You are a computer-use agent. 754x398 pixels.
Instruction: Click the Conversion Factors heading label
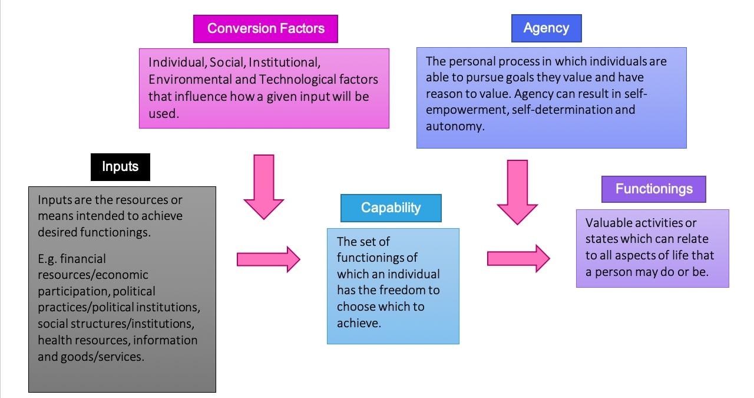click(x=266, y=28)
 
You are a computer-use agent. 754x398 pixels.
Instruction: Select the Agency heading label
click(x=546, y=28)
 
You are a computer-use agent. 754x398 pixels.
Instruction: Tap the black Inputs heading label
click(x=120, y=166)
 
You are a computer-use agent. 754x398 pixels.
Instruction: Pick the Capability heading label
click(x=391, y=208)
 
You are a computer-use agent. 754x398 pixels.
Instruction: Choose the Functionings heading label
click(x=653, y=189)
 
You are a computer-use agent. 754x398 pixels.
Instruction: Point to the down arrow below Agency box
click(x=517, y=192)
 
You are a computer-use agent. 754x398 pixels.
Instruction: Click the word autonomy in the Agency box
click(x=454, y=126)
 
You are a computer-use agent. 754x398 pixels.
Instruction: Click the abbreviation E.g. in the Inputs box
click(x=48, y=258)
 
